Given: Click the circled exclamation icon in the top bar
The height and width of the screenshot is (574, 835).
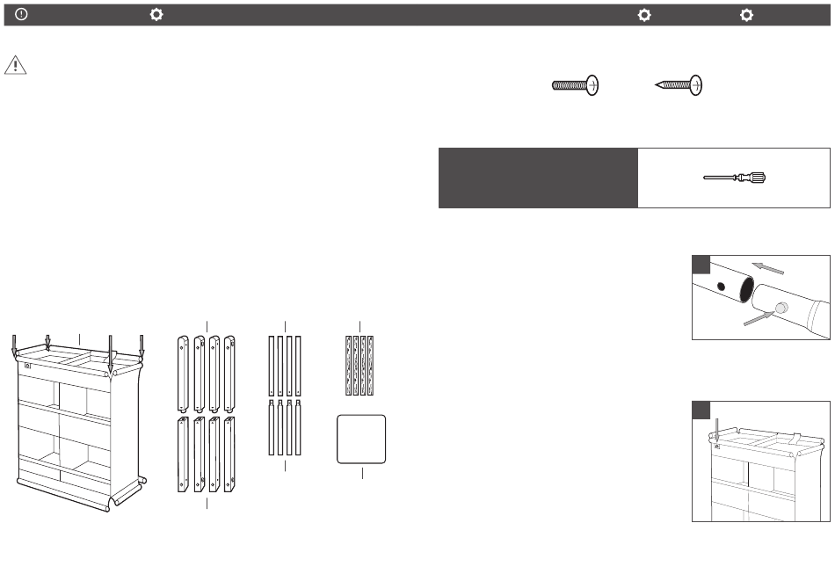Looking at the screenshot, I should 20,15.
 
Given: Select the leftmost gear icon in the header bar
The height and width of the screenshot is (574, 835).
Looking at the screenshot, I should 156,15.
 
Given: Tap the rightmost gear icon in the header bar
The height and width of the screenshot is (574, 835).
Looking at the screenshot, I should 746,15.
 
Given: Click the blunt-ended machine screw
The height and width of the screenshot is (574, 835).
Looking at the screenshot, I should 576,85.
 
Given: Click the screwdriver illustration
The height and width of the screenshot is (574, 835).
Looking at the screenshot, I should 735,178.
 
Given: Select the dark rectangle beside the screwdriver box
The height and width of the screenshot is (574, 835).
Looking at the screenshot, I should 537,178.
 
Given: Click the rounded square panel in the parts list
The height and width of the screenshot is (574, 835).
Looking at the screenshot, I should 362,438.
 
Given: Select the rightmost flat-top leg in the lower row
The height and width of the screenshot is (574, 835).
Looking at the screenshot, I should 229,454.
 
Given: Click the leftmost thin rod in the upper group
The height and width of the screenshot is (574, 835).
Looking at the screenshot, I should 272,366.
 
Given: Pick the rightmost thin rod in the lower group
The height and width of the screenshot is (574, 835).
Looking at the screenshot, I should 300,427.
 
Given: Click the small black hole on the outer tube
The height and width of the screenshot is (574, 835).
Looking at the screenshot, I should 721,287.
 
